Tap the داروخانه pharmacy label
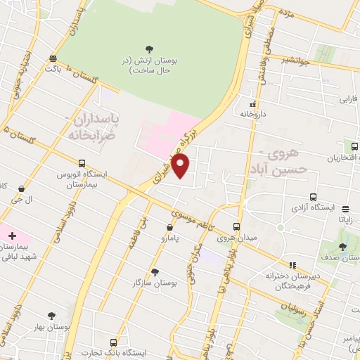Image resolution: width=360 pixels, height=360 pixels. [x=252, y=112]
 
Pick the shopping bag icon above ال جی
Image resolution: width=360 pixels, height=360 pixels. [x=23, y=188]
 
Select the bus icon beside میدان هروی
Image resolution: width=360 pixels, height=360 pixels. [x=236, y=227]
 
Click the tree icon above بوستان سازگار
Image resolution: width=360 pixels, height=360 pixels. [x=154, y=271]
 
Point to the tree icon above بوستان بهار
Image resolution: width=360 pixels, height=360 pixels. [x=51, y=316]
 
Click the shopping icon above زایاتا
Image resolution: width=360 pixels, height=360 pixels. [x=345, y=208]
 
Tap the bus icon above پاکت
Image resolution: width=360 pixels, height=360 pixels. [x=53, y=58]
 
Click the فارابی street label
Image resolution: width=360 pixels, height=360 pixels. [x=349, y=99]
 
